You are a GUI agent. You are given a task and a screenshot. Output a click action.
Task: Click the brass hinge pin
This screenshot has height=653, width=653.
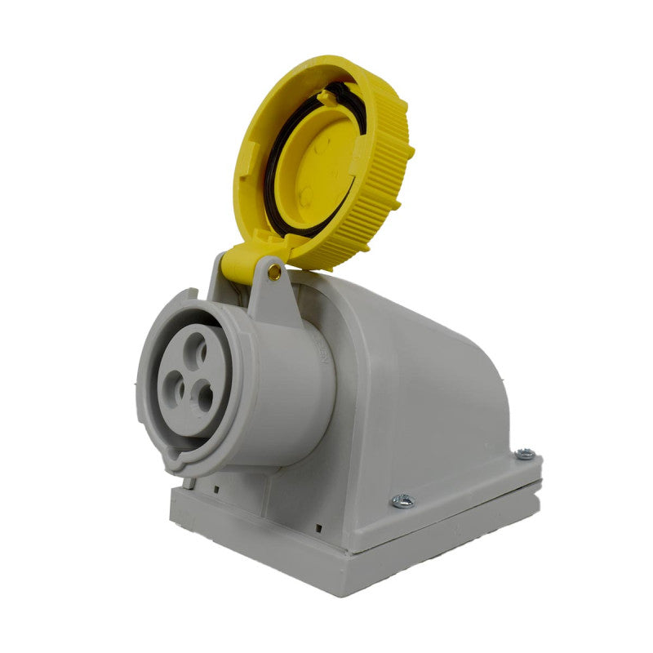point(275,272)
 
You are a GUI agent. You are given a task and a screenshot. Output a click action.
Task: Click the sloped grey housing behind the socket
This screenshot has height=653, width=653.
point(424,384)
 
